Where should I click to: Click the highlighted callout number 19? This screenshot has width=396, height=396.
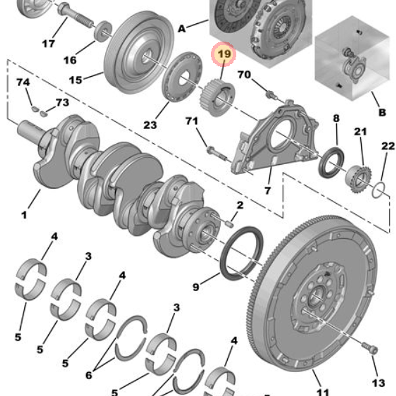coord(224,54)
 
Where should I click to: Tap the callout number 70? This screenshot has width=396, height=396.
coord(244,74)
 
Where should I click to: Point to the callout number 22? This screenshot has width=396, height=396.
coord(388,146)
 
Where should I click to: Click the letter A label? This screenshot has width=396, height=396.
coord(182,29)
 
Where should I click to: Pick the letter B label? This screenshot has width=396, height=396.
coord(382,113)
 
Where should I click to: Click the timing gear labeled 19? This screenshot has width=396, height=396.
coord(215,97)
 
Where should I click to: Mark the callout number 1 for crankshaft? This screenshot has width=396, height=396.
coord(24,215)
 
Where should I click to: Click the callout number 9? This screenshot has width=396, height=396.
coord(196,287)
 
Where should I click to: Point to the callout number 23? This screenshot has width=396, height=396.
coord(150,125)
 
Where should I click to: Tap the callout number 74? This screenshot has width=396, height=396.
coord(23,82)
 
